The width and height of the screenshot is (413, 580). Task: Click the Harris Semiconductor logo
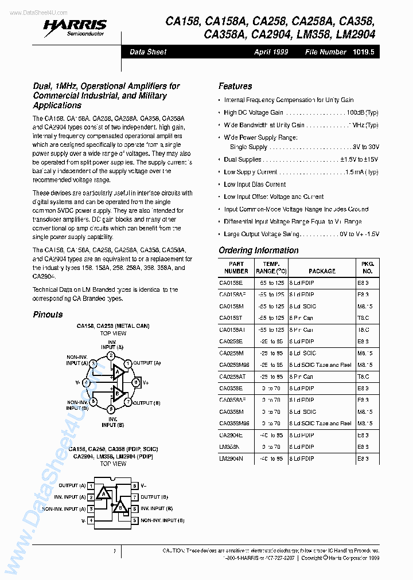tap(81, 26)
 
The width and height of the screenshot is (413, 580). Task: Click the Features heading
tap(235, 86)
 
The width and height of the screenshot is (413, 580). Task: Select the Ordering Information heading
tap(258, 250)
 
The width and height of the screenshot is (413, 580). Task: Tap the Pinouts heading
tap(48, 314)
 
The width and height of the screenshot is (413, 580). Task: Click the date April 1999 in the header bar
tap(271, 52)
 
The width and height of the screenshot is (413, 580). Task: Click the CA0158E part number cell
tap(231, 283)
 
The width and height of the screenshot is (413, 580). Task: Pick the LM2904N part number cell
tap(231, 458)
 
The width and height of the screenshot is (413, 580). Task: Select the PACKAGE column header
tap(322, 271)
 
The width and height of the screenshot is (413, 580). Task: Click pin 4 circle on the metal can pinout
tap(87, 382)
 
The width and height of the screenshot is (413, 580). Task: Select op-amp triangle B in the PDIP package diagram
tap(119, 507)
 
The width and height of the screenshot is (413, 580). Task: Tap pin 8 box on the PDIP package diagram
tap(135, 485)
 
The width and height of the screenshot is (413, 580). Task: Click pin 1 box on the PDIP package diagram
tap(91, 485)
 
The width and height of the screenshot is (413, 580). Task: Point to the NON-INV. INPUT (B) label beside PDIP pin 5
tap(162, 520)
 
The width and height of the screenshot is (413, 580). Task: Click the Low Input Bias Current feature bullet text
tap(255, 185)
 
